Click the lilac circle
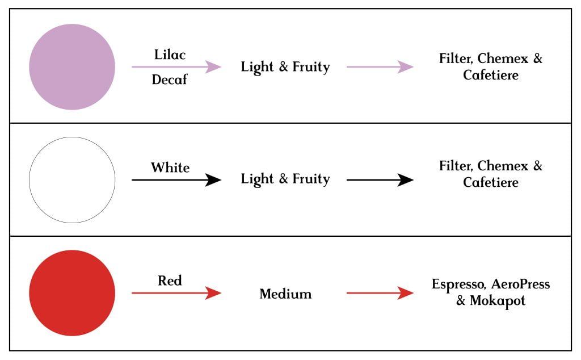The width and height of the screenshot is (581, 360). [x=72, y=67]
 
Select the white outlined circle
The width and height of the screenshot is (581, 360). [x=72, y=180]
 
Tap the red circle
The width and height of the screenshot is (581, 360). [x=72, y=293]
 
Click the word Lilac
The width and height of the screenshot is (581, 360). [x=170, y=55]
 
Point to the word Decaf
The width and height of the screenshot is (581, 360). [x=169, y=79]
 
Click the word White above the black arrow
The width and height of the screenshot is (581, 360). [x=170, y=168]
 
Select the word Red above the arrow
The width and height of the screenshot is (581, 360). [x=170, y=281]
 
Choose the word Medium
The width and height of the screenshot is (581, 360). [x=285, y=294]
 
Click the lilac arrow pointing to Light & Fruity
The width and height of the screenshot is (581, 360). [x=176, y=67]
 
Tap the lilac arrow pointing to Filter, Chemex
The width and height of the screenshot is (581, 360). [x=380, y=67]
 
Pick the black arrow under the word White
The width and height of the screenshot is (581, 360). [x=176, y=180]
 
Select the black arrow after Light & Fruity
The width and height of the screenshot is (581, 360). [x=380, y=180]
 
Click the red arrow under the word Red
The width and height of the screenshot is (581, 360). [x=176, y=293]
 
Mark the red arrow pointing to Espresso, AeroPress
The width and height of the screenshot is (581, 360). [x=380, y=293]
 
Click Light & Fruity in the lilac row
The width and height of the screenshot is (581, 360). [x=285, y=67]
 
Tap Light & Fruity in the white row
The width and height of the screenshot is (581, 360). [x=285, y=179]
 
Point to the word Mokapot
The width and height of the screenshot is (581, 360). [x=498, y=301]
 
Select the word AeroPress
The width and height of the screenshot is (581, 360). [x=521, y=284]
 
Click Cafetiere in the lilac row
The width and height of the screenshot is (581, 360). [x=491, y=75]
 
